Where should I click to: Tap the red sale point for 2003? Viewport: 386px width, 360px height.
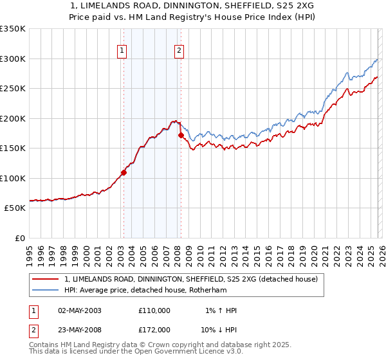click(x=124, y=172)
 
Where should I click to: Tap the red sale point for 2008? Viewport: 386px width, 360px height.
click(x=181, y=135)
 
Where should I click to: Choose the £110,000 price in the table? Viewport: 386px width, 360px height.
click(x=154, y=310)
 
